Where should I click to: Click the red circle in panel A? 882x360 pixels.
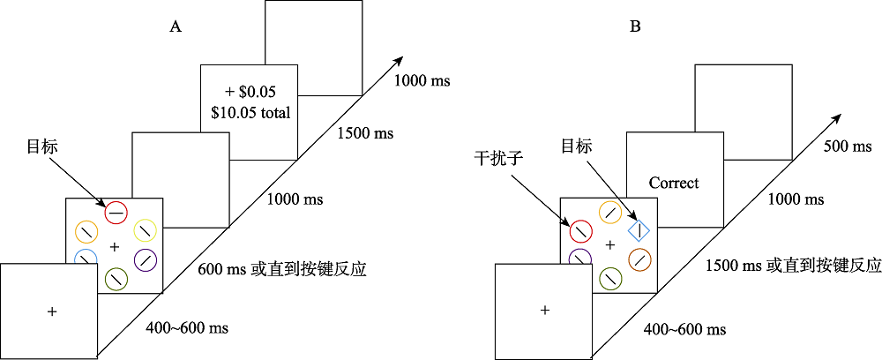(x=116, y=212)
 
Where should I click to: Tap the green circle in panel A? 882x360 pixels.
(x=116, y=279)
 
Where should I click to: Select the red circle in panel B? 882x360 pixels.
(x=579, y=231)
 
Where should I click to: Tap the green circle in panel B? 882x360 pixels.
(x=609, y=280)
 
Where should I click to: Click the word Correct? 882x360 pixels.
(x=674, y=184)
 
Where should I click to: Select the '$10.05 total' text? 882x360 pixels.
(x=250, y=112)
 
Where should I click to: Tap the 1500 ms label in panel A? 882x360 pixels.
(x=365, y=135)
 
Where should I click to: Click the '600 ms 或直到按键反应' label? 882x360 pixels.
(x=284, y=269)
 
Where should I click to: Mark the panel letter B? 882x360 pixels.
(x=635, y=27)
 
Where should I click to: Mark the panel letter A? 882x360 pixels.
(x=176, y=27)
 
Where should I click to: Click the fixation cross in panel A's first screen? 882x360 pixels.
(x=52, y=311)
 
